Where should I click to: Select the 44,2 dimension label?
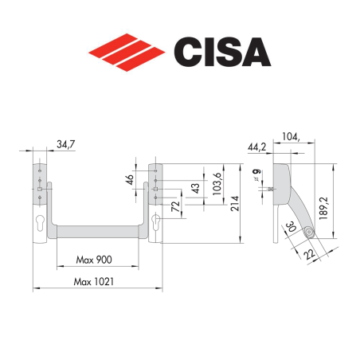pos(256,147)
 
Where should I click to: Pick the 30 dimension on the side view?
pos(289,230)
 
